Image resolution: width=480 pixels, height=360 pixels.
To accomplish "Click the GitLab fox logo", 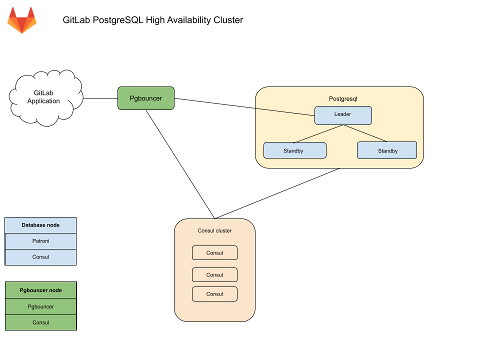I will pos(22,20).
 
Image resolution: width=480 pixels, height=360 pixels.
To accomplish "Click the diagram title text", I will pos(153,20).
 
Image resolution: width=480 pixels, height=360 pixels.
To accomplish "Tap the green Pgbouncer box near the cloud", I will pos(146,98).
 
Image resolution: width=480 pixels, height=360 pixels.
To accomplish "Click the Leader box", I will pos(343,115).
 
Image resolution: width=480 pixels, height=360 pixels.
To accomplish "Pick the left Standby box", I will pos(294,150).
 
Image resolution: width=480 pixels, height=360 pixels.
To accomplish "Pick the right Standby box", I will pos(387,150).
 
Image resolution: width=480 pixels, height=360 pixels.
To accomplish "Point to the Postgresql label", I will pos(343,99).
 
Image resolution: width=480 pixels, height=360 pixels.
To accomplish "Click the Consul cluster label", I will pos(214,230).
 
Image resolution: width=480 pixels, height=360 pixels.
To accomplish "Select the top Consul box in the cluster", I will pos(214,253).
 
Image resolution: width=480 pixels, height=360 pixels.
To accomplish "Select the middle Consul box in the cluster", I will pos(214,275).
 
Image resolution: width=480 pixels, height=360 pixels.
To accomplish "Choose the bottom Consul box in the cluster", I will pos(214,294).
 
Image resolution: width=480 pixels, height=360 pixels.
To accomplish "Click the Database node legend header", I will pos(40,225).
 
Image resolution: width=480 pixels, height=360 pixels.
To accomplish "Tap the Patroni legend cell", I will pos(40,241).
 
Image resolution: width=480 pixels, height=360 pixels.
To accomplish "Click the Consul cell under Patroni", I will pos(40,257).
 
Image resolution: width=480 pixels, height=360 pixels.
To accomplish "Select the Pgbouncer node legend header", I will pos(40,290).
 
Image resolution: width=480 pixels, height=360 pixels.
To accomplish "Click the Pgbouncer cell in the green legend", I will pos(40,306).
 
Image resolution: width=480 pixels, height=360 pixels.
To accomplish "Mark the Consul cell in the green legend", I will pos(40,322).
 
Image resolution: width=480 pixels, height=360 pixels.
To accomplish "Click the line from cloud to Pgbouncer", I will pos(100,98).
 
